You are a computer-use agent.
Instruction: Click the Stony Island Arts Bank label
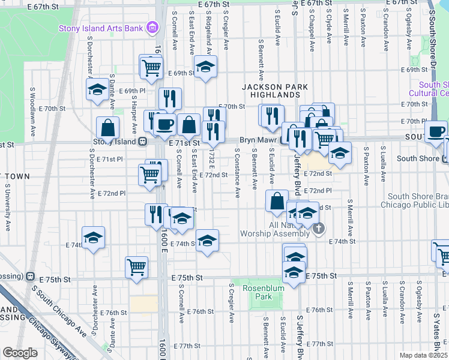101,28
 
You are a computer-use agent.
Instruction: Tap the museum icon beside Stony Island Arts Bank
152,28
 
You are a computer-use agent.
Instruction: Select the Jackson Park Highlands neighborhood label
274,91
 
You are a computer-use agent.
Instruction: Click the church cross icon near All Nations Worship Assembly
319,229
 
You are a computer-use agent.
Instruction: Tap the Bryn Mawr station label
256,139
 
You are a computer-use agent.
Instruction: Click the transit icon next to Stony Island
143,142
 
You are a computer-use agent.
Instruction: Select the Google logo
20,353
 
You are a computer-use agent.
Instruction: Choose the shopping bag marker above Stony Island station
108,127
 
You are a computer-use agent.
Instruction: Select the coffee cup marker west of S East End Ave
165,125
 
